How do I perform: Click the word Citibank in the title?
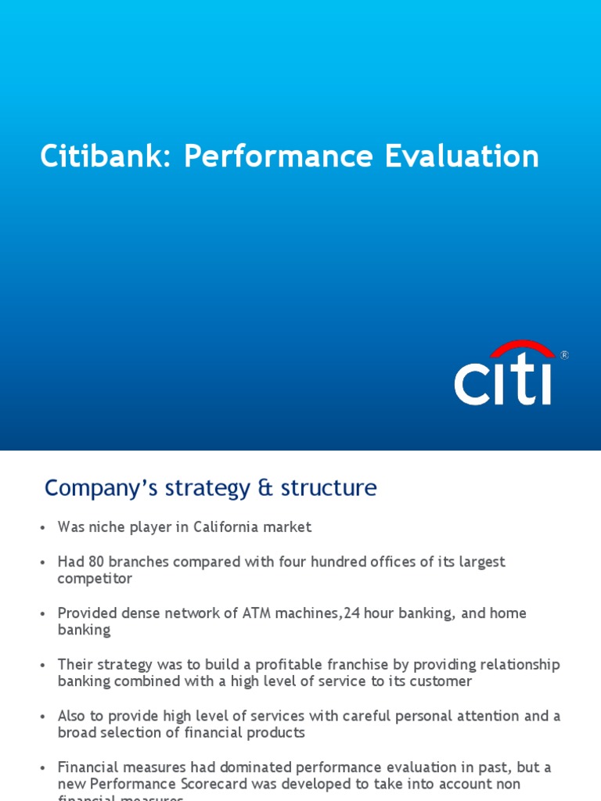pyautogui.click(x=107, y=156)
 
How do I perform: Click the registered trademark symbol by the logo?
pyautogui.click(x=563, y=355)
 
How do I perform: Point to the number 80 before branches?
pyautogui.click(x=97, y=562)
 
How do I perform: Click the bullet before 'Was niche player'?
pyautogui.click(x=43, y=528)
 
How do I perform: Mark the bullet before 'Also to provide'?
pyautogui.click(x=43, y=717)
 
